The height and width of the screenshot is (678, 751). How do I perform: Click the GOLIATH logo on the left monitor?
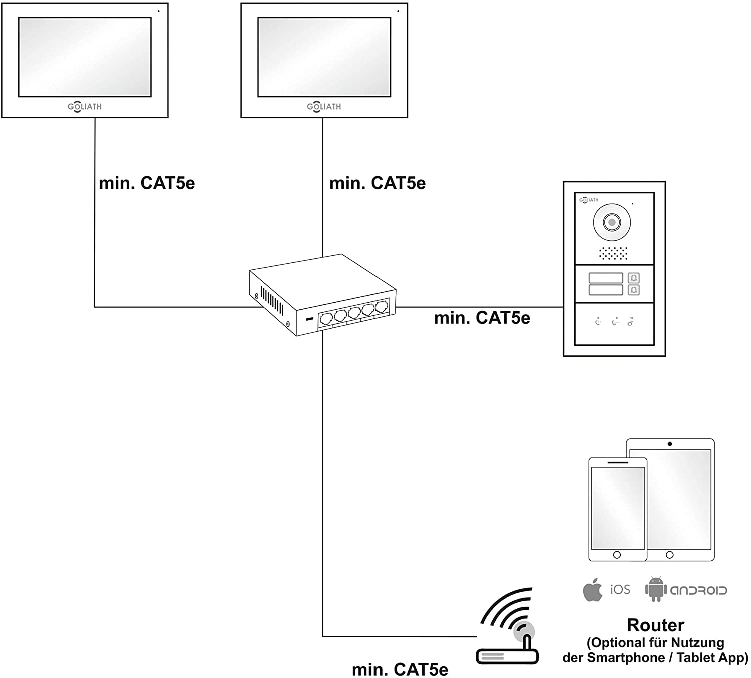tap(85, 107)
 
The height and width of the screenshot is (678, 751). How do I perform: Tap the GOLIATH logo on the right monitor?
tap(324, 107)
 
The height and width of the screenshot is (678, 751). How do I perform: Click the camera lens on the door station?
tap(612, 222)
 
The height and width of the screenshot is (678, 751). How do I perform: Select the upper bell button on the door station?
tap(634, 278)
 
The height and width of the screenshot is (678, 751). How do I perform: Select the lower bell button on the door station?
tap(634, 290)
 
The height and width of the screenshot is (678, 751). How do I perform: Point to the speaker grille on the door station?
tap(613, 253)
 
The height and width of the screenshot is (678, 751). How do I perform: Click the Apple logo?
tap(593, 589)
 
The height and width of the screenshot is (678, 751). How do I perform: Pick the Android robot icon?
tap(655, 589)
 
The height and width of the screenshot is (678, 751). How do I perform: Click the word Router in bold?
tap(655, 625)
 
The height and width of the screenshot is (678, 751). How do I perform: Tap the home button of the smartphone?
tap(617, 555)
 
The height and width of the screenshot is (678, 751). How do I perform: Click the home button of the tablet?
tap(670, 555)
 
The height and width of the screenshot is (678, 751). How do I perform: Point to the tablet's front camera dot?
tap(670, 444)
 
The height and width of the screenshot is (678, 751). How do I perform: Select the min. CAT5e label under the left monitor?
tap(147, 183)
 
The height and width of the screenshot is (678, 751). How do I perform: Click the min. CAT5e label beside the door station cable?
tap(482, 318)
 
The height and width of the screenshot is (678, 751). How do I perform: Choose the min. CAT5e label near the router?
tap(400, 669)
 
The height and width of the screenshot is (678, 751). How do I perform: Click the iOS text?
tap(620, 590)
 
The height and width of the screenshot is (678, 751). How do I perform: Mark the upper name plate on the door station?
tap(606, 278)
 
